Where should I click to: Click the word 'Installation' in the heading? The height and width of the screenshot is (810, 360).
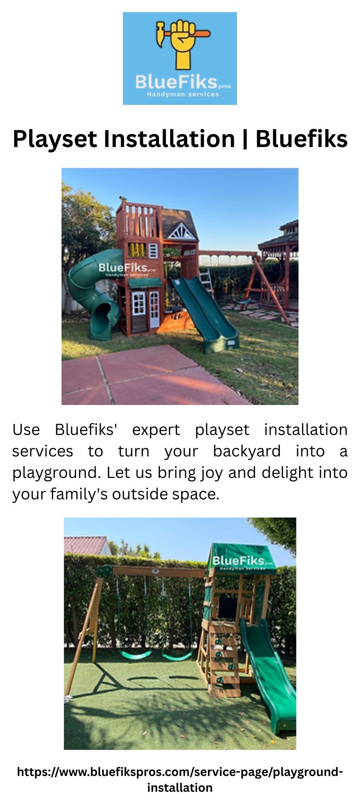[170, 139]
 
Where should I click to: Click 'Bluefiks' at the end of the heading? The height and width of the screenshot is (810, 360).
[301, 139]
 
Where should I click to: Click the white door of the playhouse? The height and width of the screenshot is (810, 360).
[154, 309]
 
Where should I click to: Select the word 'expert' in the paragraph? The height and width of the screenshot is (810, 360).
[156, 430]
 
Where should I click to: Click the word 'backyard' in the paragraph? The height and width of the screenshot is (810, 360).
[247, 451]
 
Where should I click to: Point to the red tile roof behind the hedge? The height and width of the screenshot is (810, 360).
[85, 545]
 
